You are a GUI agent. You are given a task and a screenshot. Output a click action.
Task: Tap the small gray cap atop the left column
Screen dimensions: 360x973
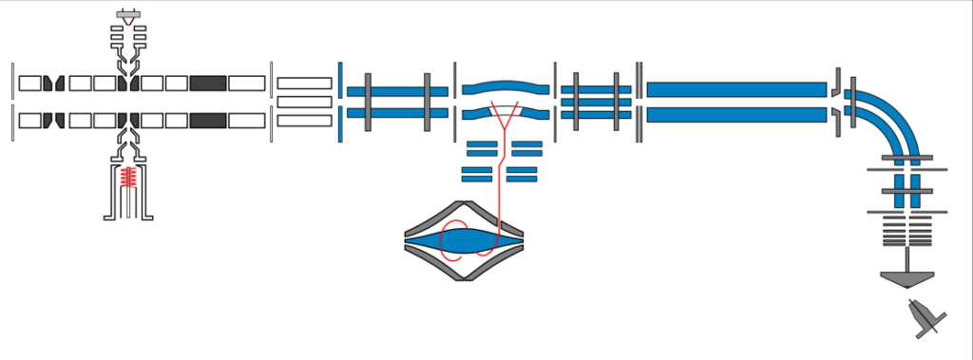coord(127,16)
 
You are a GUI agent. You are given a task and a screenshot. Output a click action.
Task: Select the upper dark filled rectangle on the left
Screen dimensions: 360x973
coord(207,83)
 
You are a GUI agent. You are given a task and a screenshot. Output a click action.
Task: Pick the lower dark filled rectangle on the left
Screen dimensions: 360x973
coord(207,121)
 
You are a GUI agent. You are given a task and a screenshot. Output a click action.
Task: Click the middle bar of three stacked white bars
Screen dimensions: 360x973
coord(304,102)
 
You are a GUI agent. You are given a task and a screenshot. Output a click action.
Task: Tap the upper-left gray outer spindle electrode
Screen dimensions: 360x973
coord(432,218)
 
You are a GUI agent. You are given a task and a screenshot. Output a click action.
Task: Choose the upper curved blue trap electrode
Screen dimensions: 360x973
coord(506,86)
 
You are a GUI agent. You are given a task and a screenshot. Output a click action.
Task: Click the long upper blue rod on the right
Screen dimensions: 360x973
coord(735,89)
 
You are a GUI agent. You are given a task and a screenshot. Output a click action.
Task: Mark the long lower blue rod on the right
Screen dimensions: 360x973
coord(735,115)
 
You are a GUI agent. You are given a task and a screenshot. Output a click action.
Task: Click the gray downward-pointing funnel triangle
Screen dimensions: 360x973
coord(907,280)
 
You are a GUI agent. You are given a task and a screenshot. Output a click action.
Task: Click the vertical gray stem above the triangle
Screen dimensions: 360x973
coord(907,259)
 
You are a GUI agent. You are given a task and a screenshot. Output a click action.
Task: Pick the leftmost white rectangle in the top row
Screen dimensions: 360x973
coord(29,83)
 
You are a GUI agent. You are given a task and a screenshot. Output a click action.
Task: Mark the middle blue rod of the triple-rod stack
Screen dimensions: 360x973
coord(596,102)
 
